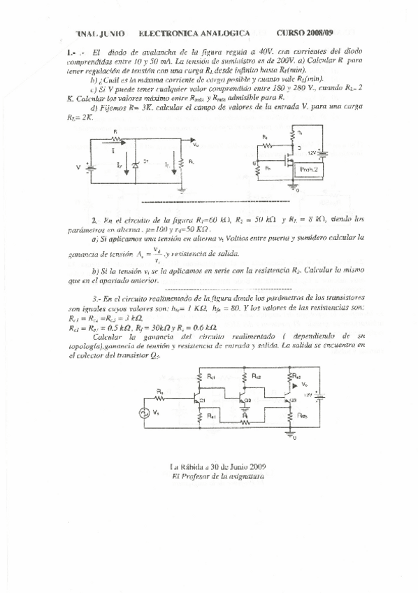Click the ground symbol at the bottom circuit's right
[x=289, y=434]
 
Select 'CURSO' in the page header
[x=290, y=33]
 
